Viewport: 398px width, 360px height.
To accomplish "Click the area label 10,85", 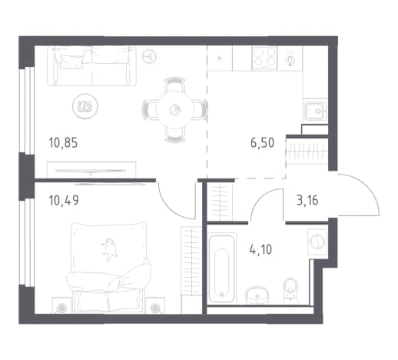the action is [63, 143].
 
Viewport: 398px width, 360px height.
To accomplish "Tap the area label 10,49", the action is [64, 200].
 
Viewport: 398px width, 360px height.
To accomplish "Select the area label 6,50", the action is [262, 143].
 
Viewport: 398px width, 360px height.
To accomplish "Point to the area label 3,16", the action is [307, 200].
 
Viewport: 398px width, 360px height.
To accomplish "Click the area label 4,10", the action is [260, 249].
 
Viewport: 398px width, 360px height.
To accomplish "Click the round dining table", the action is [174, 110].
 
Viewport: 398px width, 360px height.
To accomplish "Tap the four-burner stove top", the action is [264, 58].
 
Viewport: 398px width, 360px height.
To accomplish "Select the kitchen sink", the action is [315, 111].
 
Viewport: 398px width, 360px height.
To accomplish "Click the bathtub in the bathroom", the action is [222, 268].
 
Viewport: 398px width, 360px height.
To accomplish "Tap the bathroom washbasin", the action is [257, 295].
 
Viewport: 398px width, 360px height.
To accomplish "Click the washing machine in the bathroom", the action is [317, 242].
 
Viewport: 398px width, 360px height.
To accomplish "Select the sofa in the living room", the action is [91, 66].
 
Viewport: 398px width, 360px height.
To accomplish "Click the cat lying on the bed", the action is [109, 250].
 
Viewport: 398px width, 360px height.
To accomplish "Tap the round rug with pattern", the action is [85, 106].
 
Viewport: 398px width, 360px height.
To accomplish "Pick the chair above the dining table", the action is [175, 85].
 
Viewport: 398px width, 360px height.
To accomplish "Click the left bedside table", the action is [61, 305].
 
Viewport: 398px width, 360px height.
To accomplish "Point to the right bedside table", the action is [155, 305].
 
